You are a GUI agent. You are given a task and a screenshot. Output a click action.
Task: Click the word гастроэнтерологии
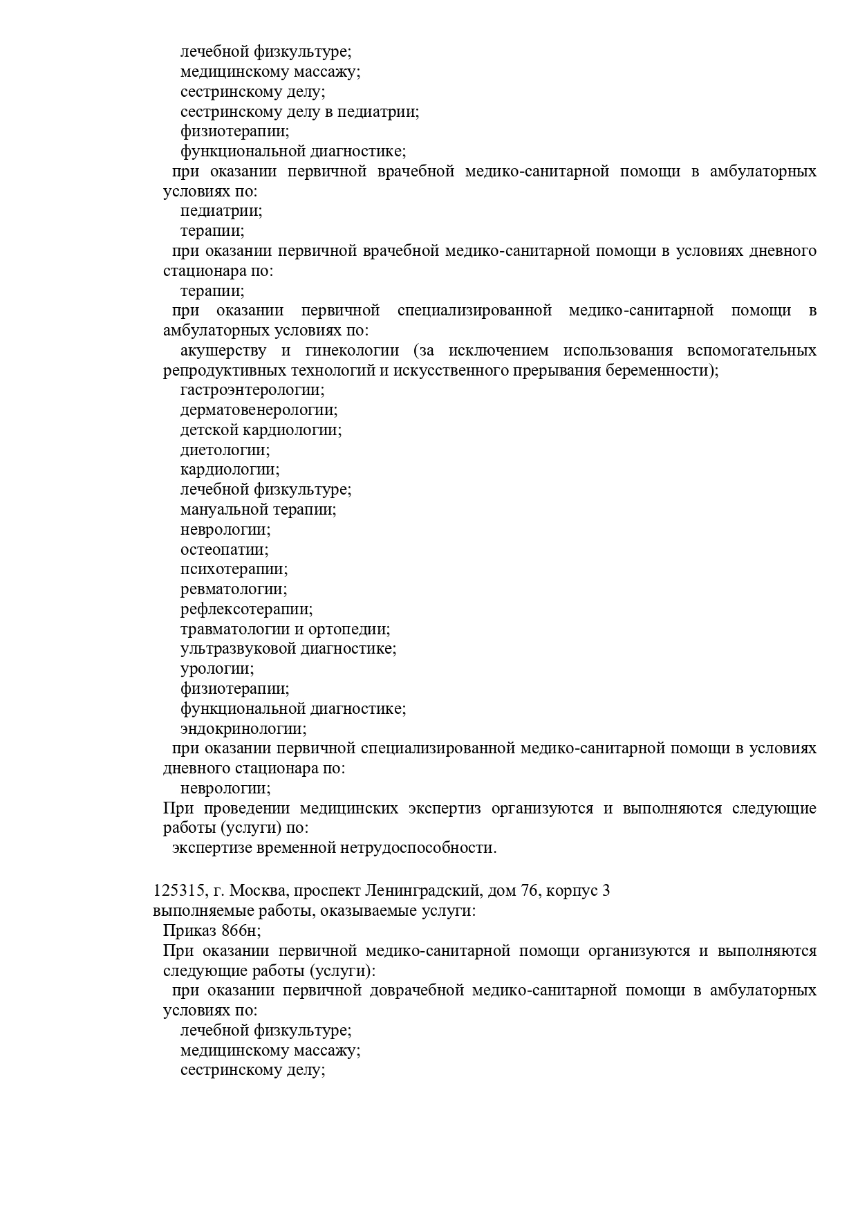[x=252, y=390]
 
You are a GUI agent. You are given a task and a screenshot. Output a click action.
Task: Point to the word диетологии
[x=224, y=450]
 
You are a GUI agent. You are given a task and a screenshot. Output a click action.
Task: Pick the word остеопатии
[x=223, y=550]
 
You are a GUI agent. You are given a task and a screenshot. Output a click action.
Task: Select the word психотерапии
[x=233, y=569]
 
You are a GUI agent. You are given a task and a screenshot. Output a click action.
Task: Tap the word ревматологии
[x=233, y=589]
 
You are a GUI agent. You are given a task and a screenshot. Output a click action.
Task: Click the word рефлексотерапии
[x=245, y=609]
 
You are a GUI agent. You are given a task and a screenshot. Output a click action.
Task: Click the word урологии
[x=216, y=669]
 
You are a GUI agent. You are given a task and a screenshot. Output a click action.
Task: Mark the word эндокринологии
[x=243, y=729]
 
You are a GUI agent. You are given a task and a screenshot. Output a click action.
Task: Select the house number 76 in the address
[x=530, y=890]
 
